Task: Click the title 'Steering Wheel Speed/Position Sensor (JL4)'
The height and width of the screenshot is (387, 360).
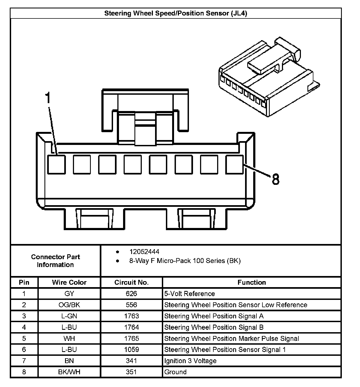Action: (x=176, y=13)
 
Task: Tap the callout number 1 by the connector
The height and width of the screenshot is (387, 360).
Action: (x=48, y=98)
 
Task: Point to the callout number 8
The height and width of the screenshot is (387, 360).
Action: (x=275, y=179)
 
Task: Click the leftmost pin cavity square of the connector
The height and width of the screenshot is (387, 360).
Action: (x=56, y=164)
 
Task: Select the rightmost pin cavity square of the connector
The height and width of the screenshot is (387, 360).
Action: (x=234, y=164)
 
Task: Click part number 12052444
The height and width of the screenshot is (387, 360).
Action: (x=144, y=252)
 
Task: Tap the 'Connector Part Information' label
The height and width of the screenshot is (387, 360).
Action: (x=55, y=261)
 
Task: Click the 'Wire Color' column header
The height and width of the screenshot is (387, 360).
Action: (x=69, y=283)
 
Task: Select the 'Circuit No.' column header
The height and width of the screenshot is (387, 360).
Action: (x=131, y=283)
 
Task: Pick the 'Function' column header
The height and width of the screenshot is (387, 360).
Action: (x=252, y=283)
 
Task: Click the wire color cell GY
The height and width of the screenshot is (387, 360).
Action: (x=69, y=294)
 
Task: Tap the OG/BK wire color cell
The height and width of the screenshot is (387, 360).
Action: (x=69, y=305)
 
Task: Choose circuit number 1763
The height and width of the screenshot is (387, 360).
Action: (x=131, y=316)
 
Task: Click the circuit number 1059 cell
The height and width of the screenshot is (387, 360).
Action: (x=131, y=350)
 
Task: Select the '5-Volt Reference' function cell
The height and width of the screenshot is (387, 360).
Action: (x=189, y=294)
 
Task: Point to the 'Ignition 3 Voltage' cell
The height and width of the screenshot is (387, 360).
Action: (x=190, y=361)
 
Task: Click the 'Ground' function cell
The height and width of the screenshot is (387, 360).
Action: (x=175, y=372)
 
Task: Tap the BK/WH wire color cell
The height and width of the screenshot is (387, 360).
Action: (x=69, y=372)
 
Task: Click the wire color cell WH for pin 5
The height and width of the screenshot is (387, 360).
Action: (x=69, y=338)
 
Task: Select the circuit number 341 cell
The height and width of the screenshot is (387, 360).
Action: (x=131, y=361)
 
